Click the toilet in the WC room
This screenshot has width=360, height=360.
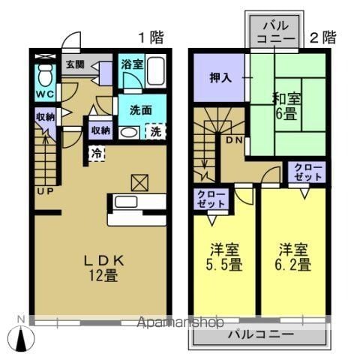[x=45, y=75]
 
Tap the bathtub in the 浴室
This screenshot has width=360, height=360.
[x=157, y=71]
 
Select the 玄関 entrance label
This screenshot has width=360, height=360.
[x=73, y=64]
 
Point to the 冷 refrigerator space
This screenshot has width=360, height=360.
[x=96, y=153]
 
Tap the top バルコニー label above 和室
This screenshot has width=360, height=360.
[x=271, y=34]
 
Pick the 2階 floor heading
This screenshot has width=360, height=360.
[x=323, y=36]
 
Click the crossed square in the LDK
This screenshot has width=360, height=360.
[x=139, y=181]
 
